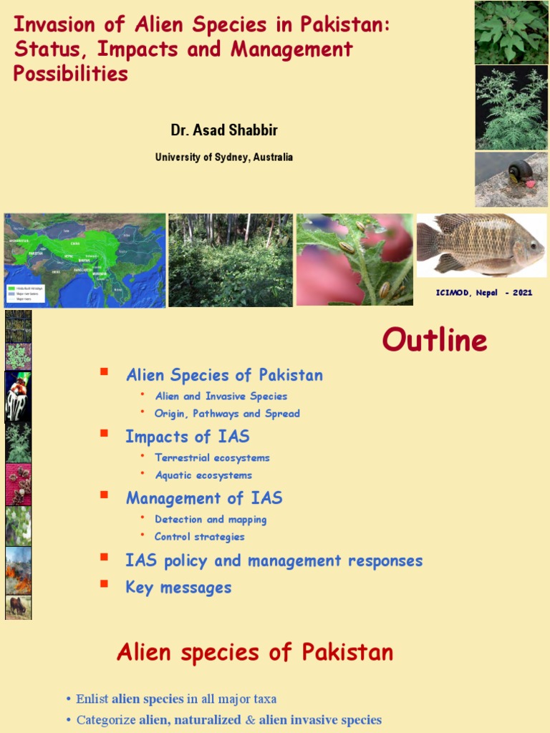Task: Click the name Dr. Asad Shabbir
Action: coord(223,130)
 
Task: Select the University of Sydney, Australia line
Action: coord(223,157)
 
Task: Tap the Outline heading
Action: coord(434,340)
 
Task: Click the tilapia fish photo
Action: coord(481,245)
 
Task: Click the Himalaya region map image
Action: coord(85,260)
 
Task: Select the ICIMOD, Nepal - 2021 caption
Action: coord(484,293)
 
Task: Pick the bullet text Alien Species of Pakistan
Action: coord(224,375)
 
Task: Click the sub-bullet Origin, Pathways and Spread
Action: coord(227,414)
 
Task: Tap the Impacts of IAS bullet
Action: coord(187,437)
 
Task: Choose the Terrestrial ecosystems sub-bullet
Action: coord(212,458)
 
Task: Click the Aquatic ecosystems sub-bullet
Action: coord(203,475)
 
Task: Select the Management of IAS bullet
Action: coord(204,498)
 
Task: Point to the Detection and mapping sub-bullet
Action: coord(211,520)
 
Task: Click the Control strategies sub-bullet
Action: coord(200,537)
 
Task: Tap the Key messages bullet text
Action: coord(178,588)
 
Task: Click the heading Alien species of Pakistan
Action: coord(255,652)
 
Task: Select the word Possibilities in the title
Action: coord(71,74)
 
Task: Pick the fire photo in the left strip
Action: coord(19,571)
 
